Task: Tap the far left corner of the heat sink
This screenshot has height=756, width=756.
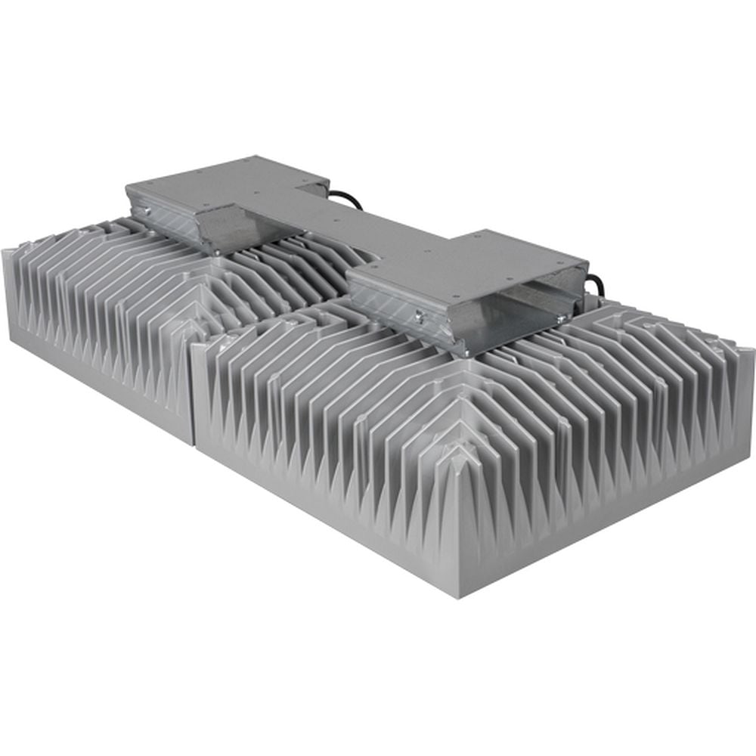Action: pos(8,249)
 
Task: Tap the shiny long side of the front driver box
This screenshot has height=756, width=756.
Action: pos(401,306)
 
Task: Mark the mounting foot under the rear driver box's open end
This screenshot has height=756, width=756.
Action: pos(215,250)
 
